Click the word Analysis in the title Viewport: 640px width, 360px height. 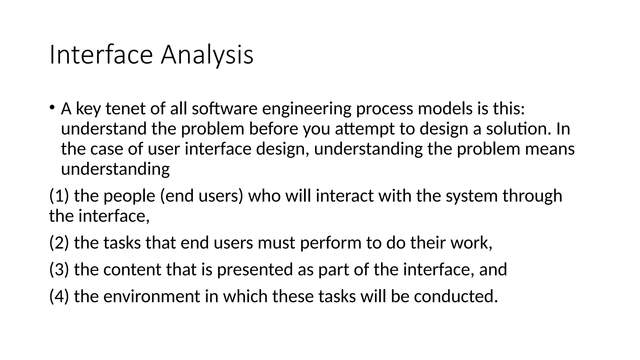[207, 55]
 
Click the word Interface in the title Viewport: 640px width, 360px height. [101, 55]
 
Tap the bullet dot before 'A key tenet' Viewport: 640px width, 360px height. [52, 107]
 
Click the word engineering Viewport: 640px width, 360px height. [306, 109]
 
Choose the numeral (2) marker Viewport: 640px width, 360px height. [59, 243]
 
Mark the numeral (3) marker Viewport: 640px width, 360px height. [59, 270]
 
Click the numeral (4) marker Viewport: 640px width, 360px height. [59, 297]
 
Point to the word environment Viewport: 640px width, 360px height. [151, 297]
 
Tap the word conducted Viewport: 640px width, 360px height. [456, 297]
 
